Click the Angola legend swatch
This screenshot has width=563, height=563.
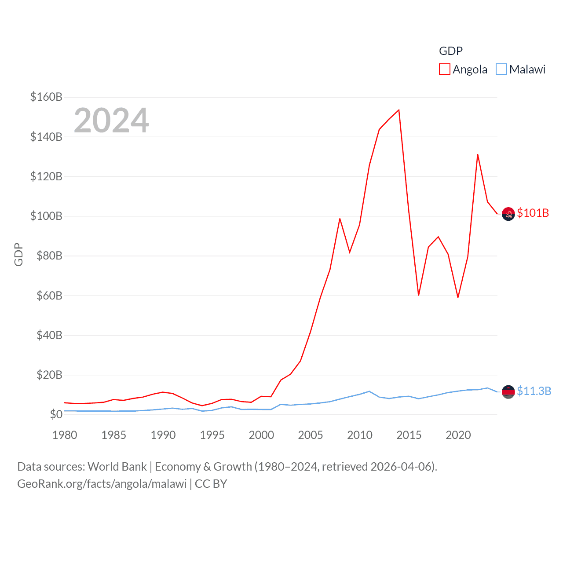444,69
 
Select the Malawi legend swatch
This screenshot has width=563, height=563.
501,69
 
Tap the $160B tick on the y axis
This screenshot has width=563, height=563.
46,97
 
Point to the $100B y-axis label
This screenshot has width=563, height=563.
46,216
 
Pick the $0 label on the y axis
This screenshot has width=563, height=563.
56,414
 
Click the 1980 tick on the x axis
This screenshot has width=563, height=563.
65,435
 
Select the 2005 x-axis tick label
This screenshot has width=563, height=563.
311,435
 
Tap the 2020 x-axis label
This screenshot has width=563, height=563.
458,435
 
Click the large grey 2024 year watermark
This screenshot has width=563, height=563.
111,121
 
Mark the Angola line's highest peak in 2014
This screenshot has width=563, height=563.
399,110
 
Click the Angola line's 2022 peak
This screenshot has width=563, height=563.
478,154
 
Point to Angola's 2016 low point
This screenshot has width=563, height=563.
419,295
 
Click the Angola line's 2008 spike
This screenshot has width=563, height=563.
340,219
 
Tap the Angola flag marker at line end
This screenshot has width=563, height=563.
508,214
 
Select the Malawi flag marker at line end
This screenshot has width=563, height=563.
508,391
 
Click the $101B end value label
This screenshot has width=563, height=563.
533,213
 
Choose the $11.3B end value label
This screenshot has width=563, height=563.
534,391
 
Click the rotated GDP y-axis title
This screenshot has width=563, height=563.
18,254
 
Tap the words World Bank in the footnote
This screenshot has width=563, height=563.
117,466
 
